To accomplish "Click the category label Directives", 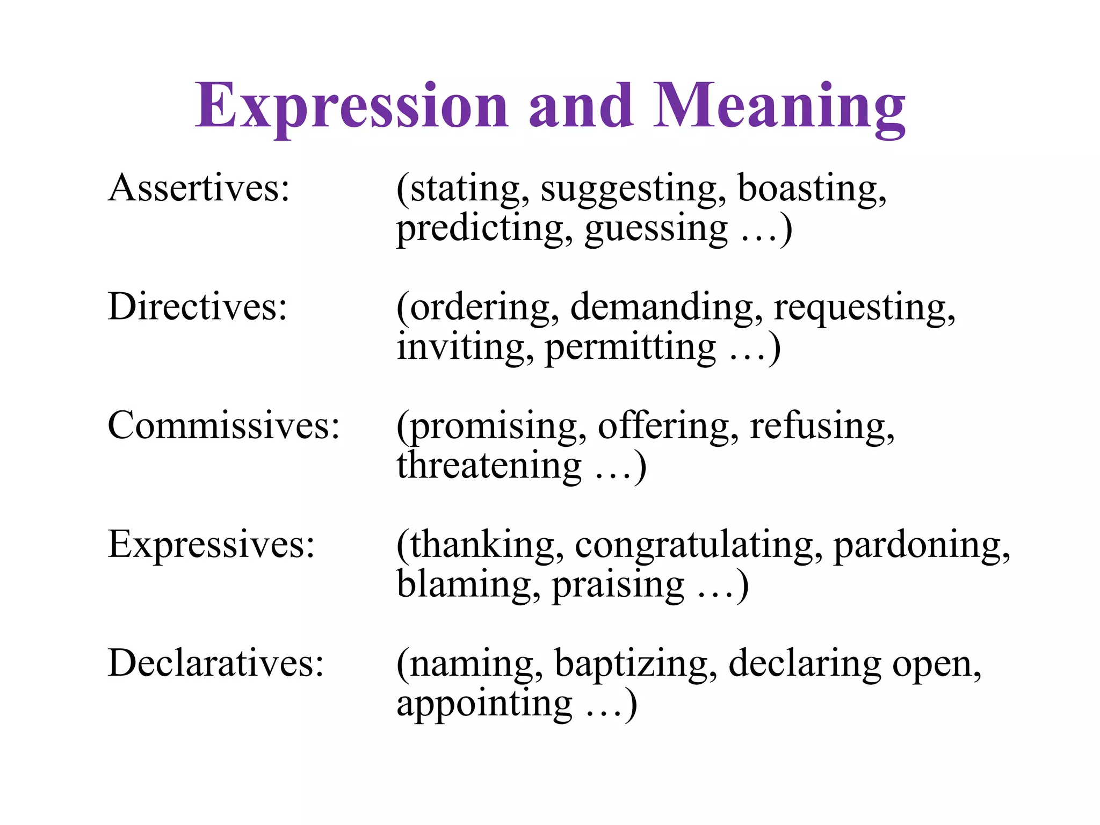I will click(197, 307).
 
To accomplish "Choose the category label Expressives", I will click(211, 544).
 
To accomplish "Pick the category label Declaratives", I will click(215, 663).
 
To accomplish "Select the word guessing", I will click(656, 230).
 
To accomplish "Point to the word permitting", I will click(630, 348).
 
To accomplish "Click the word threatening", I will click(489, 466).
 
